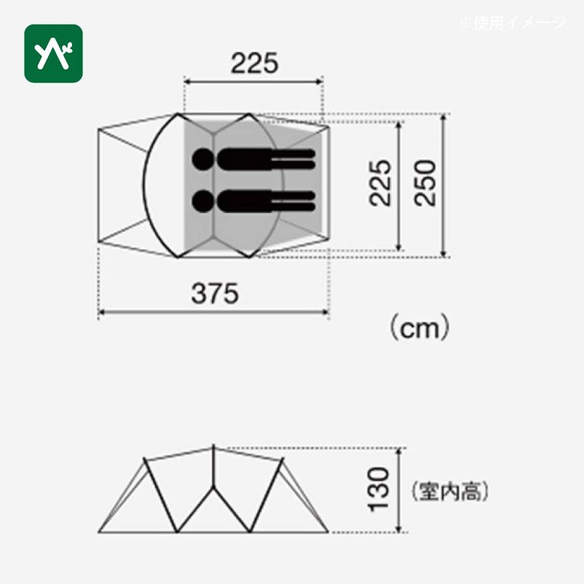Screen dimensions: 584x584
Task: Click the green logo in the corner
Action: coord(54,53)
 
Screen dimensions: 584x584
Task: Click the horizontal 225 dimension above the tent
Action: coord(254,63)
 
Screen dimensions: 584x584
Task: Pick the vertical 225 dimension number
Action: coord(381,184)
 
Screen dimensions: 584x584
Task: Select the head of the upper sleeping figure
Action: coord(202,158)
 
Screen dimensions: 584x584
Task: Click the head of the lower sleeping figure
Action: coord(202,200)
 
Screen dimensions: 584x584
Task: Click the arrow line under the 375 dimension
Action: coord(213,313)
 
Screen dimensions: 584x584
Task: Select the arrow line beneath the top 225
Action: coord(254,81)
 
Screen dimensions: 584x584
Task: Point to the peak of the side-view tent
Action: coord(213,446)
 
